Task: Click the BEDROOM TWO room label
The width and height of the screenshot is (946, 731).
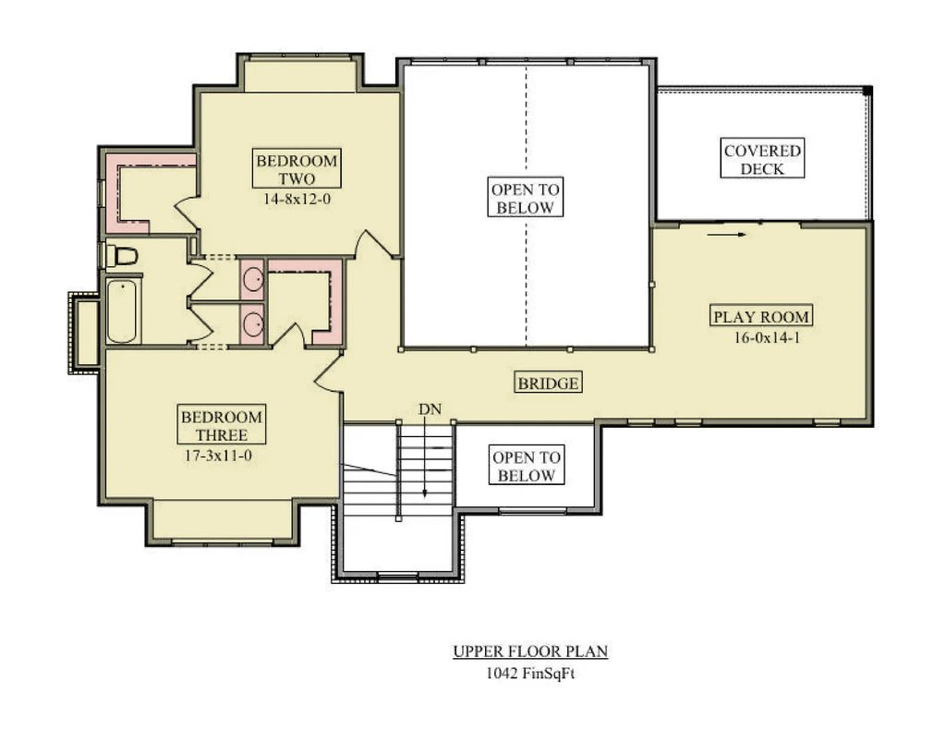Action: [297, 169]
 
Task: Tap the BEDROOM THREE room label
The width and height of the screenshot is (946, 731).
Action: [221, 425]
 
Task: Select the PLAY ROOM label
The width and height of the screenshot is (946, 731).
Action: [760, 317]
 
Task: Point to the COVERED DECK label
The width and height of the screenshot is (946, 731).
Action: [762, 159]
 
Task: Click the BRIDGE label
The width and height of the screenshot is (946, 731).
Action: [548, 383]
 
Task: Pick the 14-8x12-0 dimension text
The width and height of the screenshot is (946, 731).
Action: [297, 198]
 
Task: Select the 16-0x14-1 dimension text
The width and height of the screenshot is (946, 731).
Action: [760, 337]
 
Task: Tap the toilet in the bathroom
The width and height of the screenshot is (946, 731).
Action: [121, 255]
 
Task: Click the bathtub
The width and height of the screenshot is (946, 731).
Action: [122, 311]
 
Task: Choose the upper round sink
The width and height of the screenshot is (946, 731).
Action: [251, 279]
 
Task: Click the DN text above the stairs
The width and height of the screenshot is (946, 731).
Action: [428, 408]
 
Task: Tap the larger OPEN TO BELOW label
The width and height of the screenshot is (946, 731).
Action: [525, 198]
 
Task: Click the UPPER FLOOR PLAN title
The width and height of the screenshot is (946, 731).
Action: [530, 652]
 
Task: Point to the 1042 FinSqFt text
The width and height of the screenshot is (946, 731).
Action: [530, 674]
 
